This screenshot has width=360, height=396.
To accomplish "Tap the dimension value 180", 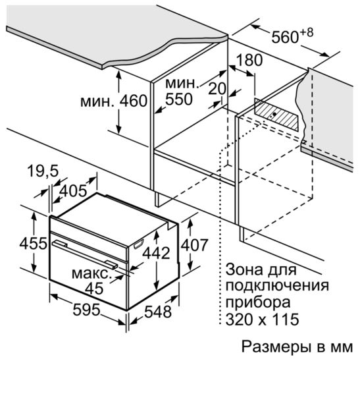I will [x=249, y=60].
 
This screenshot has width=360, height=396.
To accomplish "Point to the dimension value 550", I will [x=178, y=99].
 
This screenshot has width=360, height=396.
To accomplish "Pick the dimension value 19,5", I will [x=43, y=172].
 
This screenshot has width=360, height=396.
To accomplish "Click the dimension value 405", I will [x=72, y=192].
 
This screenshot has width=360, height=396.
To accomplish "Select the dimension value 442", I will [x=158, y=253].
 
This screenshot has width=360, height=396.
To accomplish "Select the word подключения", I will [x=276, y=287].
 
